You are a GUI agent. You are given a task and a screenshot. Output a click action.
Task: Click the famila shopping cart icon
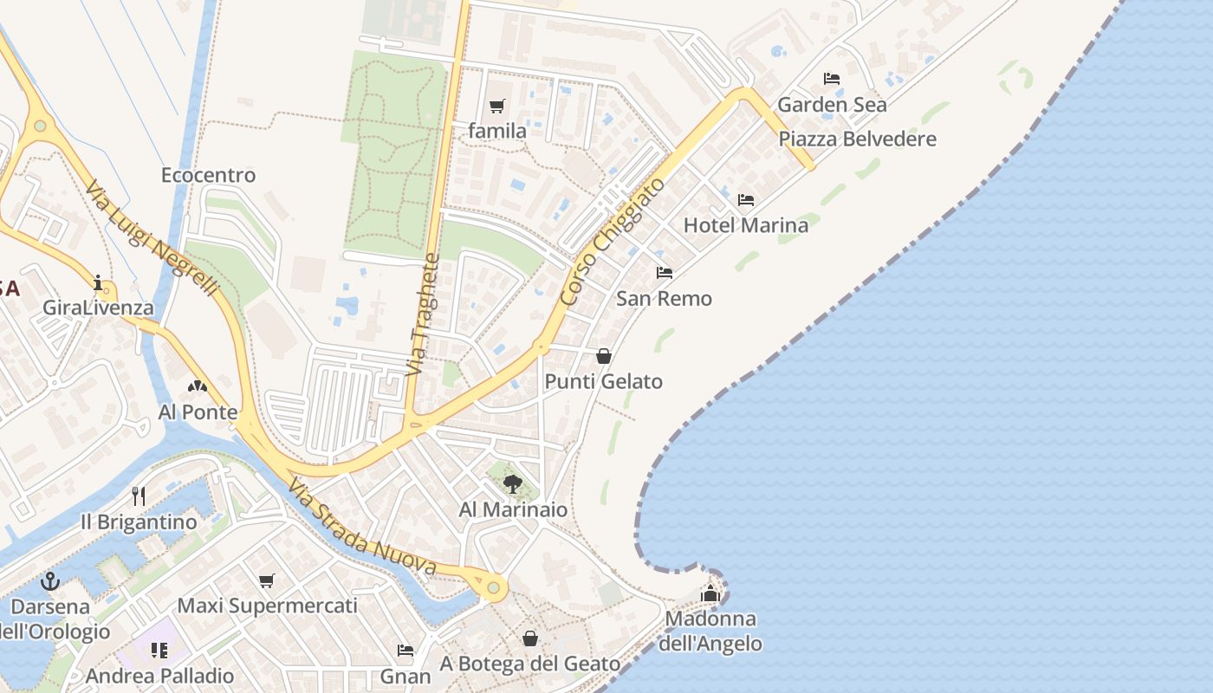point(496,107)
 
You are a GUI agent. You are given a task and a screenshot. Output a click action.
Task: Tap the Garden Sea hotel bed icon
point(832,79)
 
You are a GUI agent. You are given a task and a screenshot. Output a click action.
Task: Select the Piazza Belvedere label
point(857,139)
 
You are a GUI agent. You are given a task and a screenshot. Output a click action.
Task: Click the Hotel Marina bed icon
point(745,200)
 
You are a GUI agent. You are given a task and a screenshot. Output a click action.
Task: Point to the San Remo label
point(664,298)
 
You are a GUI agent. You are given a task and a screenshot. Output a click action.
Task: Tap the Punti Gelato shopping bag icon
point(604,356)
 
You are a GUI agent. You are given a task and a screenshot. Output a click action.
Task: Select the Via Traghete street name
point(422,314)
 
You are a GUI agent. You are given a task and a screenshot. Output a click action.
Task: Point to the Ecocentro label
point(208,175)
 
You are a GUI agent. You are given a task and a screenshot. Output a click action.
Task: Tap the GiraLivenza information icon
point(98,282)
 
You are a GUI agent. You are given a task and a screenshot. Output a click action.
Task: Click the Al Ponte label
point(198,412)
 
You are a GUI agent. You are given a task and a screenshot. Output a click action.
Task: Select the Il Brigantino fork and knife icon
point(138,495)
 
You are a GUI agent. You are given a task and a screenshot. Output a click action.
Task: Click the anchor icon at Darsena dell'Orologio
point(50,580)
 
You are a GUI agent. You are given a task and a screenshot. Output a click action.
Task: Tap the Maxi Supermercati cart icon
point(266,580)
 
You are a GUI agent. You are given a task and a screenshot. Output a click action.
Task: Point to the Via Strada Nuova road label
point(361,527)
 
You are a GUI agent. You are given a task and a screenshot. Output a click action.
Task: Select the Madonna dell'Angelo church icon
point(710,593)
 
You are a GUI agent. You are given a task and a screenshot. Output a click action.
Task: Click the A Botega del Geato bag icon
point(530,638)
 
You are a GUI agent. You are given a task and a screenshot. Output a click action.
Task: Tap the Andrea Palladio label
point(160,676)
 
